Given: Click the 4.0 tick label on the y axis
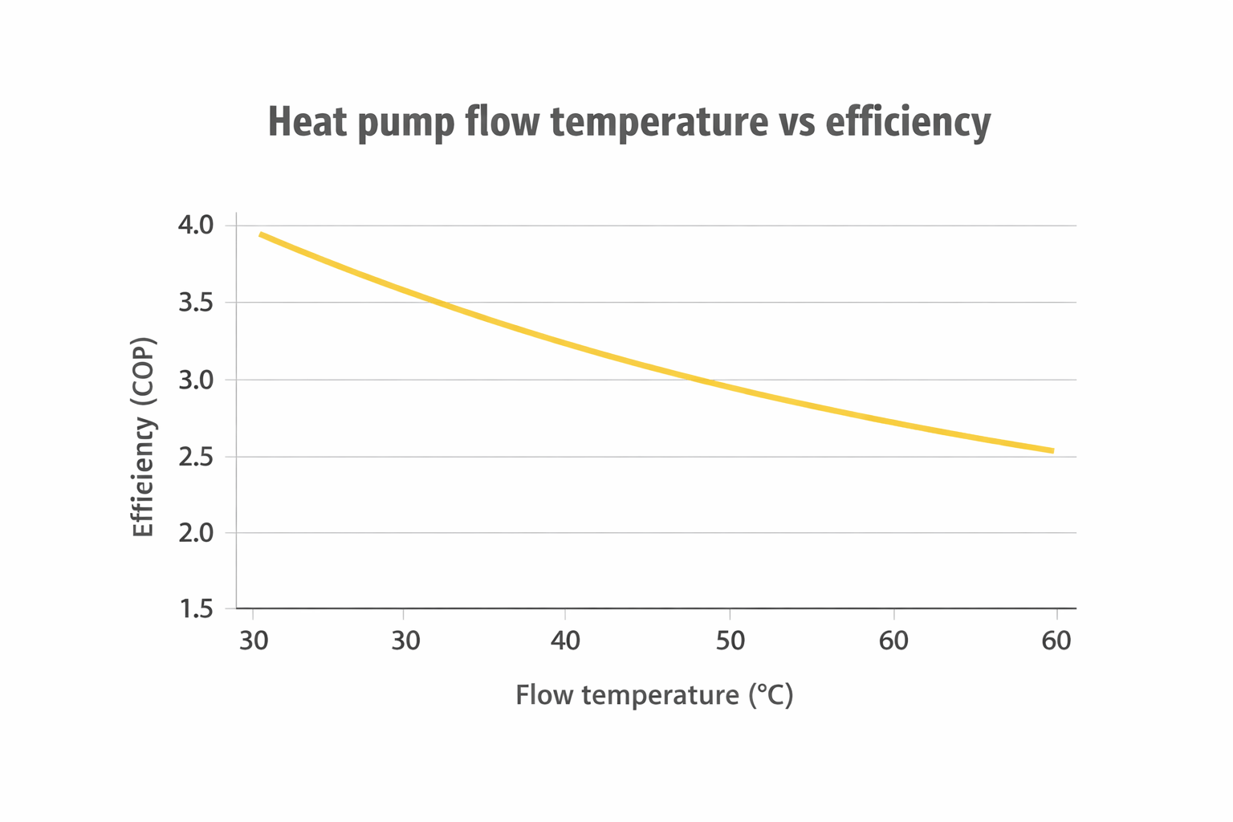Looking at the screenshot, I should (x=195, y=226).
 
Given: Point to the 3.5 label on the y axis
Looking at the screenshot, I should (x=195, y=303).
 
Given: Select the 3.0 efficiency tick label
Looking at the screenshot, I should (x=195, y=380).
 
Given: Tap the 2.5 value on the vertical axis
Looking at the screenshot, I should (x=195, y=457).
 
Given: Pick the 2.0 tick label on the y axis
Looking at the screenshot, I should (x=195, y=533).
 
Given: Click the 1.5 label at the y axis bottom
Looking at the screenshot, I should (x=195, y=609).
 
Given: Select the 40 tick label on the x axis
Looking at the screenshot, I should (x=565, y=641).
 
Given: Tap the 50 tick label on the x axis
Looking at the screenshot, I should (x=730, y=641).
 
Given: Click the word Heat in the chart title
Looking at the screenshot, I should (x=307, y=122).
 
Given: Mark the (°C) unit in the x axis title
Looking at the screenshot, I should (x=771, y=694).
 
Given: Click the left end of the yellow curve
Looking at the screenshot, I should (x=261, y=234).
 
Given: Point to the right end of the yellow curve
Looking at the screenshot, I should (x=1052, y=450).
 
